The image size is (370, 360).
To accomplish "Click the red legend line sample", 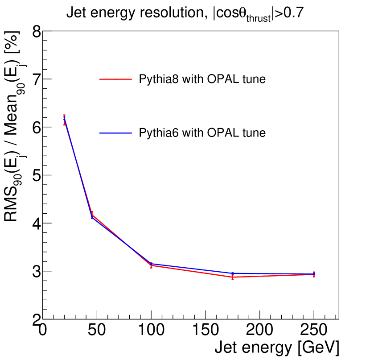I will coord(115,79).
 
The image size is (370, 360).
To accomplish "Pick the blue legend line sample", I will coord(115,133).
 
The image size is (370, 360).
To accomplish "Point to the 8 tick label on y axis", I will coord(36,32).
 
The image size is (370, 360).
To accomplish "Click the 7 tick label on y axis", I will coord(36,79).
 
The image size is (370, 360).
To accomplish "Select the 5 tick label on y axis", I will coord(36,175).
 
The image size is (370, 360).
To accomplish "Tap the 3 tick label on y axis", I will coord(36,271).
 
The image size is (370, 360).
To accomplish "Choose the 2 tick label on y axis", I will coord(36,319).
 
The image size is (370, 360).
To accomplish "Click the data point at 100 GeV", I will coord(151,265).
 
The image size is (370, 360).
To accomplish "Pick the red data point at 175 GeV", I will coord(233,277).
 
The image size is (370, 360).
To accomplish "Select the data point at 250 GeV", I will coord(314,274).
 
